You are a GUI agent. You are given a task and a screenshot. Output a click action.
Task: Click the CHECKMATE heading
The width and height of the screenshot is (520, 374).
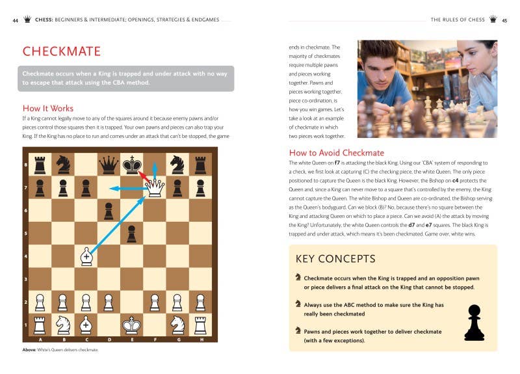pyautogui.click(x=62, y=51)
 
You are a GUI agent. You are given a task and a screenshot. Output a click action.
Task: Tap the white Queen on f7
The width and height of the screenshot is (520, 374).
pyautogui.click(x=154, y=188)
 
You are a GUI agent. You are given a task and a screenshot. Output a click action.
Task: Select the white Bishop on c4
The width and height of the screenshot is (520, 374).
pyautogui.click(x=86, y=256)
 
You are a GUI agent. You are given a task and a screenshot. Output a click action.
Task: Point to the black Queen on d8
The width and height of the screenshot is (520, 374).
pyautogui.click(x=109, y=165)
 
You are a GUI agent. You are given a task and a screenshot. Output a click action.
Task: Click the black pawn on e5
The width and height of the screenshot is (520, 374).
pyautogui.click(x=131, y=234)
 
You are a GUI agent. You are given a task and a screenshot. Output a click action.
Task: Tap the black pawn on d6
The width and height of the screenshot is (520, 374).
pyautogui.click(x=109, y=211)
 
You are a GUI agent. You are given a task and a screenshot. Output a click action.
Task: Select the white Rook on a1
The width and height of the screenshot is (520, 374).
pyautogui.click(x=40, y=324)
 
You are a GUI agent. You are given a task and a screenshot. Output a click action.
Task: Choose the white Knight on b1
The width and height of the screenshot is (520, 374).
pyautogui.click(x=63, y=324)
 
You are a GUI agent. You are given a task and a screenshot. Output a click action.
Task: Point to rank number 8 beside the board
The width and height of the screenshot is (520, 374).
pyautogui.click(x=25, y=165)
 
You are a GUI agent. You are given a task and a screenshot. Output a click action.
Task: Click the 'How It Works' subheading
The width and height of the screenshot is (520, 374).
pyautogui.click(x=48, y=109)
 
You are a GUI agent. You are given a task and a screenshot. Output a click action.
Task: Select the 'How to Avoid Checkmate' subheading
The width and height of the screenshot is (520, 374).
pyautogui.click(x=337, y=153)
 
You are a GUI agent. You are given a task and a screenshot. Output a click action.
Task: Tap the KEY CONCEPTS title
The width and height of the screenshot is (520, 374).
pyautogui.click(x=335, y=259)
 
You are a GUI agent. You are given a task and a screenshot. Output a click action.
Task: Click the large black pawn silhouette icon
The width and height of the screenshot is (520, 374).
pyautogui.click(x=474, y=323)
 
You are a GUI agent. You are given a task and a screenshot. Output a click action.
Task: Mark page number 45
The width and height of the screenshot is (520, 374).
pyautogui.click(x=504, y=20)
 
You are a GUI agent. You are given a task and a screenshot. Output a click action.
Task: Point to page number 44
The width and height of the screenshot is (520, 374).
pyautogui.click(x=15, y=20)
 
